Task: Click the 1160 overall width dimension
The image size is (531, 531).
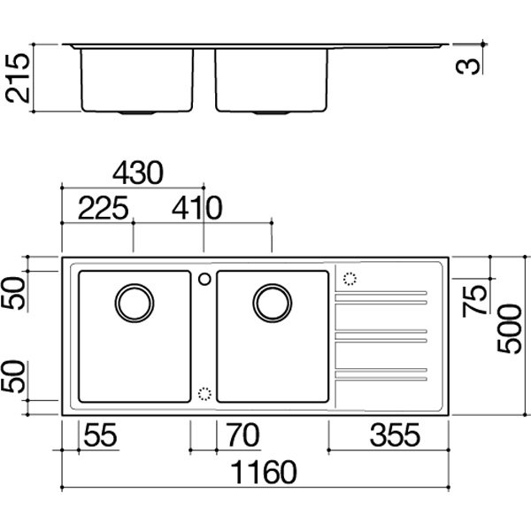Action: click(264, 472)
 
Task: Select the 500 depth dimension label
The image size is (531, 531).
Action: click(510, 329)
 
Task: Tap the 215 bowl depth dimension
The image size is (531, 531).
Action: click(18, 78)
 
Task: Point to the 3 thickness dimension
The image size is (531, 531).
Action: click(468, 66)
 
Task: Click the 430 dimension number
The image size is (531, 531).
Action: click(138, 173)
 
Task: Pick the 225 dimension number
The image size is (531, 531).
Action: click(104, 208)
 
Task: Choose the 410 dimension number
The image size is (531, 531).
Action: click(196, 208)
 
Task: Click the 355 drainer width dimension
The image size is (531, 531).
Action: click(395, 435)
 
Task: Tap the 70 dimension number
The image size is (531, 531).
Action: click(243, 435)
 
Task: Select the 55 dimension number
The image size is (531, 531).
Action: click(100, 435)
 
